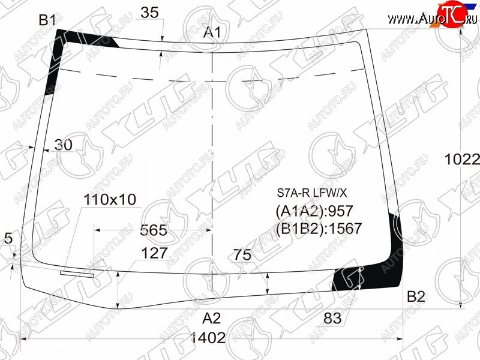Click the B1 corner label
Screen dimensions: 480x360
tap(47, 20)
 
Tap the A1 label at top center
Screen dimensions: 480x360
tap(212, 32)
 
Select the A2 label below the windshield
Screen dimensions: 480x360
tap(211, 319)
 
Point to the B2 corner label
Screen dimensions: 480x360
tap(416, 296)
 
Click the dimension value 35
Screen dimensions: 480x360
tap(149, 13)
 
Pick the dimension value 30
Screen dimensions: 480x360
tap(64, 145)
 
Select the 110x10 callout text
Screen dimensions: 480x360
tap(110, 200)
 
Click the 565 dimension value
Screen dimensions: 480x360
tap(154, 230)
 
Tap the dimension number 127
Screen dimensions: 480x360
tap(154, 253)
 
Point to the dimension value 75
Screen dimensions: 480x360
tap(242, 254)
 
